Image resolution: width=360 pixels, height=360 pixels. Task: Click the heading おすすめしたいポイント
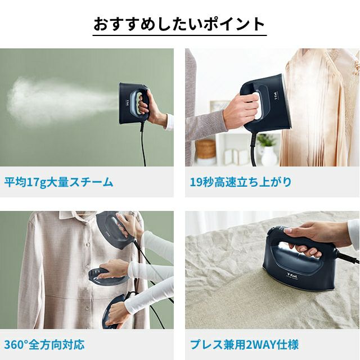[x=179, y=24]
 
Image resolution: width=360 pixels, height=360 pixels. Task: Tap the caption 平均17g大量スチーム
[x=58, y=182]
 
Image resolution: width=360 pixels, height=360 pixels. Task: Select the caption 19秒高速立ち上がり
[x=241, y=182]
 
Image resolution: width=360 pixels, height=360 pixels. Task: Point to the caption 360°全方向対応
[x=44, y=345]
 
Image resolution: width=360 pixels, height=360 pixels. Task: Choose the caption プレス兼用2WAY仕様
[x=244, y=345]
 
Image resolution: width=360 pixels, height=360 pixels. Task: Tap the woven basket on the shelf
[x=205, y=149]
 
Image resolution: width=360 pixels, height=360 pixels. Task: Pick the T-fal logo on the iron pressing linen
[x=292, y=275]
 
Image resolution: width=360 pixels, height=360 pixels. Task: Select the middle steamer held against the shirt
[x=108, y=276]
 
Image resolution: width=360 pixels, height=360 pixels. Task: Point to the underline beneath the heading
[x=179, y=35]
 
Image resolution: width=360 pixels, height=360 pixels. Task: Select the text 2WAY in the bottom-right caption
[x=260, y=345]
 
